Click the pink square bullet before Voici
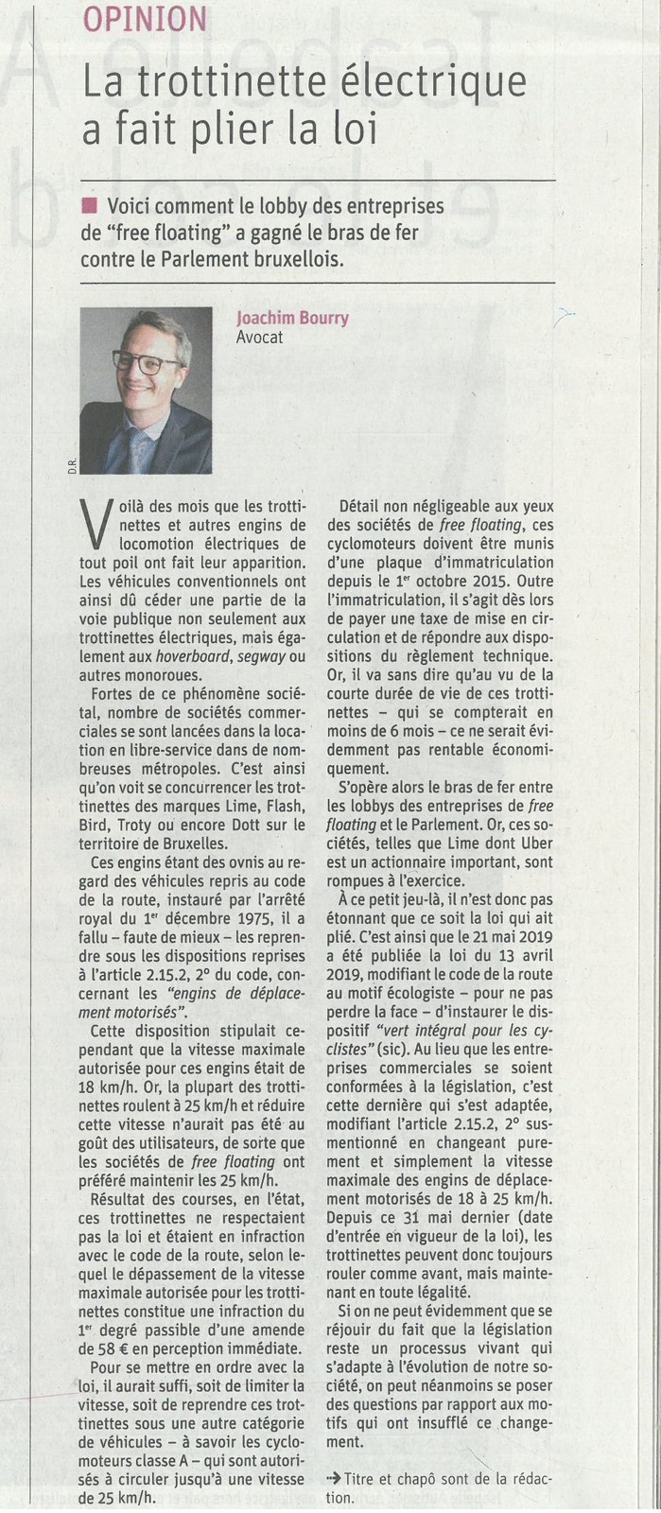(90, 207)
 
